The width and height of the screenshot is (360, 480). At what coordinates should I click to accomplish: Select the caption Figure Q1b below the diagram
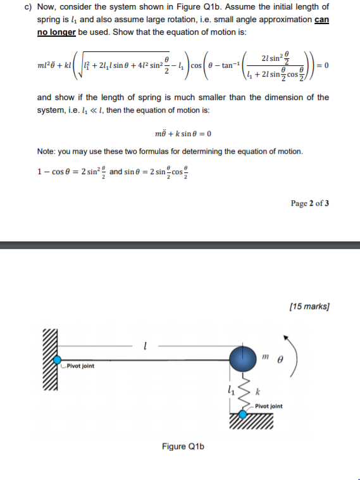click(183, 446)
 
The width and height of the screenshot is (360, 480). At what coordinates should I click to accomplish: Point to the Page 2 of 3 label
click(309, 203)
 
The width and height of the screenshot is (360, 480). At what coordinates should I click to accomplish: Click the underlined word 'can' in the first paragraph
click(321, 19)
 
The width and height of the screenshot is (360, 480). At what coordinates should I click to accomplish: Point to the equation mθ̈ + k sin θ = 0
click(183, 134)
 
